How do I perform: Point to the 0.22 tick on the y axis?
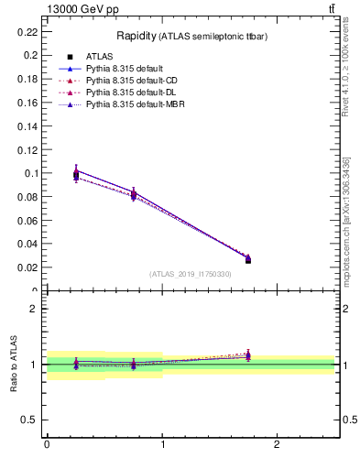(27, 31)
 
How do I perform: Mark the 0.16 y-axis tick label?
(27, 102)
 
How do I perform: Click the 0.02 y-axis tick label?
(27, 267)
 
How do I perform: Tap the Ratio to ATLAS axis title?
(15, 364)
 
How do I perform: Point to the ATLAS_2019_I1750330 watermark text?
(191, 274)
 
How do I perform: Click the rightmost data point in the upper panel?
(248, 260)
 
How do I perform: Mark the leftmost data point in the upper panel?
(76, 175)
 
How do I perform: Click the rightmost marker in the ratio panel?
(248, 355)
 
